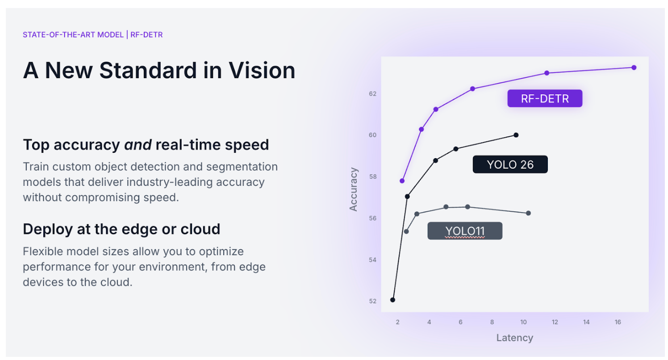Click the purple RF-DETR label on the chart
(545, 98)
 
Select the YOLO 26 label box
(510, 164)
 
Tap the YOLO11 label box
(465, 231)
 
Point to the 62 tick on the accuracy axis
(372, 94)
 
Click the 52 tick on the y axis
(372, 301)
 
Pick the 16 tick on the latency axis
(618, 322)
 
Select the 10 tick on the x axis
(523, 322)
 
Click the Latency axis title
(514, 338)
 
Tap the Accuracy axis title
(353, 189)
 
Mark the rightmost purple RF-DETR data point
(634, 68)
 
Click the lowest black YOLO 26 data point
(392, 300)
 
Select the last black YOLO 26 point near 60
(516, 135)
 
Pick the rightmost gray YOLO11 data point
(528, 213)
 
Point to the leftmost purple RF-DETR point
(402, 181)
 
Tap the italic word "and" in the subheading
(138, 145)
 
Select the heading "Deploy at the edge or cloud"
(121, 230)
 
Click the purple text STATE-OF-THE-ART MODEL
(73, 35)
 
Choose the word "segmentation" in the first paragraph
(242, 167)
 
